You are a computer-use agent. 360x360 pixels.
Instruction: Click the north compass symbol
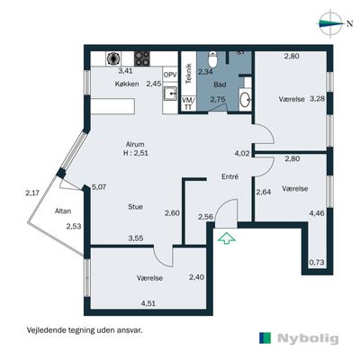pos(331,23)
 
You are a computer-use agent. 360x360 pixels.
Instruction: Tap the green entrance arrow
pos(227,238)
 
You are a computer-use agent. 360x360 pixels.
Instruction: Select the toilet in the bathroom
pos(213,58)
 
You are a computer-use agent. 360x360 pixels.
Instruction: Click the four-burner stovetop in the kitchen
pos(142,58)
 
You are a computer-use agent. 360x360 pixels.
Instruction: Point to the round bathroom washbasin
pos(246,99)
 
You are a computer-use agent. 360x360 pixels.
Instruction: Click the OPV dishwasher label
pos(170,75)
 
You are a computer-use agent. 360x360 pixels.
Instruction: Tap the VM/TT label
pos(189,103)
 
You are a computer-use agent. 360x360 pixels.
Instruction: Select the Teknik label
pos(189,73)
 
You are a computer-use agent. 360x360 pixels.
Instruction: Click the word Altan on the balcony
pos(63,211)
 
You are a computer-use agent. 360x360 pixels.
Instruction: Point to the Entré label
pos(230,176)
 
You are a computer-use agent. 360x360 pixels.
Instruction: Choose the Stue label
pos(135,207)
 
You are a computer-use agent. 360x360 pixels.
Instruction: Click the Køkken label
pos(127,84)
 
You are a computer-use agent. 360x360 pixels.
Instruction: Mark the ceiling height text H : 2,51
pos(136,153)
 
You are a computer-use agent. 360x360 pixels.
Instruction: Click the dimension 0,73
pos(317,263)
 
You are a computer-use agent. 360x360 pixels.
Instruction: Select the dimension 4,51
pos(148,303)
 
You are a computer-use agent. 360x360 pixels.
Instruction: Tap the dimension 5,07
pos(99,187)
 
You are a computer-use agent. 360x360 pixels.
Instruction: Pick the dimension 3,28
pos(318,98)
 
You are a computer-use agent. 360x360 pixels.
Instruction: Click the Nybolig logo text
pos(308,338)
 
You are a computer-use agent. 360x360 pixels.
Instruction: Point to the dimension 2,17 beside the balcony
pos(32,193)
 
